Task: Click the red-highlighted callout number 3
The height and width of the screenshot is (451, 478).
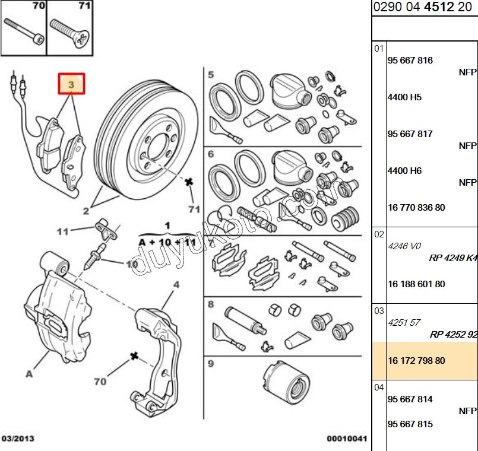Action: [71, 85]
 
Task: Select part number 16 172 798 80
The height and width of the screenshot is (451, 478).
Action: [416, 361]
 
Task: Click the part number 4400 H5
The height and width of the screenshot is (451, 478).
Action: [404, 97]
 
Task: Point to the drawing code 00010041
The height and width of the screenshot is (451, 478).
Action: [347, 439]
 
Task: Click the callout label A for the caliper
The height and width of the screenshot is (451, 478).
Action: [28, 374]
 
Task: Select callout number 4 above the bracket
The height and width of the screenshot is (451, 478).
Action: [176, 285]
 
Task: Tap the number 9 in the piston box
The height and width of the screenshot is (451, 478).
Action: [210, 363]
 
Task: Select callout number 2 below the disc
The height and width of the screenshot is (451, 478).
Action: [86, 211]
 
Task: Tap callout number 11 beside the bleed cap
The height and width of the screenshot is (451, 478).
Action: [63, 231]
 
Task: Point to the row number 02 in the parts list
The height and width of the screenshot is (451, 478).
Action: [379, 234]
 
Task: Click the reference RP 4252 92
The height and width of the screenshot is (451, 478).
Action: [453, 335]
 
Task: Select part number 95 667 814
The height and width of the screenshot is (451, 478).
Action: [410, 399]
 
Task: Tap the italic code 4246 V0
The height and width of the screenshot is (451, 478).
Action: [404, 246]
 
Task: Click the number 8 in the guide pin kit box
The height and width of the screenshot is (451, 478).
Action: [210, 304]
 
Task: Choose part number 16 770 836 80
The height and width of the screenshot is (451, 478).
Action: [416, 208]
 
